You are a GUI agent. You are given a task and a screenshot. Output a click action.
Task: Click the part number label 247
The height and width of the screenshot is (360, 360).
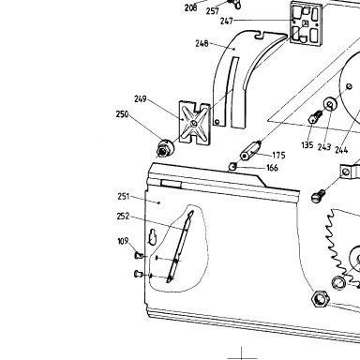[227, 21]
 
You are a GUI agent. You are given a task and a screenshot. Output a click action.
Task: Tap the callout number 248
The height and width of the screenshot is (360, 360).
[202, 43]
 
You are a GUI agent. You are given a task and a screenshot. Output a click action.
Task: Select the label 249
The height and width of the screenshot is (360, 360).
[141, 99]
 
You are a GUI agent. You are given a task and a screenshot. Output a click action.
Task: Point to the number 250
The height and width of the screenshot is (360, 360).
[122, 114]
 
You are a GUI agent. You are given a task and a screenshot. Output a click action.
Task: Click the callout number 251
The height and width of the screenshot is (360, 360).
[124, 197]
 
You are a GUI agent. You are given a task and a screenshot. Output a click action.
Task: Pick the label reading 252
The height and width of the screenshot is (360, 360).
[123, 217]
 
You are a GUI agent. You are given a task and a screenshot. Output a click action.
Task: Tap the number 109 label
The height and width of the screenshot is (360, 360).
[123, 241]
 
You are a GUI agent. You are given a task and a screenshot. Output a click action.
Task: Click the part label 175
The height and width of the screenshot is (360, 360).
[278, 156]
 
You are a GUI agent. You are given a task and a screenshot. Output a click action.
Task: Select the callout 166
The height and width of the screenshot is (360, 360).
[272, 168]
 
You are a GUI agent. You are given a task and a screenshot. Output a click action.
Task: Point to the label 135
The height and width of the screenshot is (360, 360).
[307, 145]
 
